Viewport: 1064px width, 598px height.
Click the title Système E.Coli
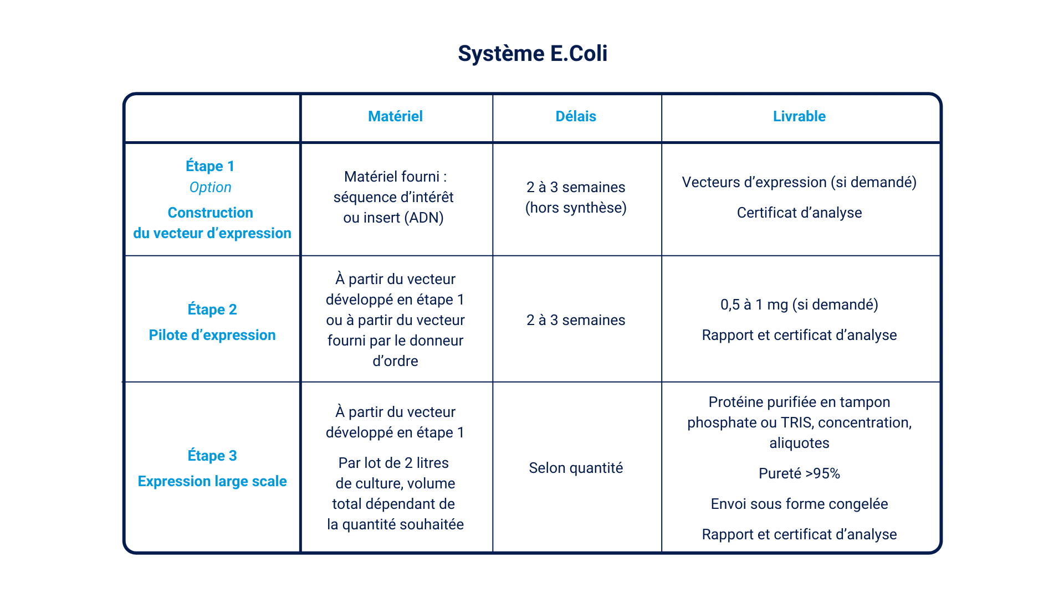click(x=533, y=54)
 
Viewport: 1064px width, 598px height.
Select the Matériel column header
click(x=395, y=116)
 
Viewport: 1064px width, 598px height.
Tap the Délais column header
click(x=576, y=116)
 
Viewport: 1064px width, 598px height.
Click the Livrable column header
click(x=799, y=116)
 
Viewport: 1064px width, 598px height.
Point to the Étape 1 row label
click(x=210, y=166)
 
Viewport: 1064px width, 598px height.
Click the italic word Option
click(x=210, y=188)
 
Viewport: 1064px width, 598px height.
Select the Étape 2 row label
click(x=212, y=309)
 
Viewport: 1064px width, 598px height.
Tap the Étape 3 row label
click(x=212, y=455)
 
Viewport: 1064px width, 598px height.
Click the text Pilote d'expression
click(x=212, y=335)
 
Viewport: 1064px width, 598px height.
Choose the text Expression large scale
click(x=212, y=481)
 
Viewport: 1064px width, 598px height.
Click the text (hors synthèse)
click(x=576, y=208)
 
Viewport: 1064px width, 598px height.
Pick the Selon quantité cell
click(x=576, y=468)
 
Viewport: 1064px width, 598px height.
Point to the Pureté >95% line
click(x=799, y=473)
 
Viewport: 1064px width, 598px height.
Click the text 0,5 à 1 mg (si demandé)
click(x=799, y=305)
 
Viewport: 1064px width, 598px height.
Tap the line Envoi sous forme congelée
click(x=799, y=504)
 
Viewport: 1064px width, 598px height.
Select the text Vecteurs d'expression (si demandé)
click(x=799, y=182)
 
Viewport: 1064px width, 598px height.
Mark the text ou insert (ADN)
click(x=393, y=218)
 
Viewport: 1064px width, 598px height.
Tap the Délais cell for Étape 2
click(x=576, y=320)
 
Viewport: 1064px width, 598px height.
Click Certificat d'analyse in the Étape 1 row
click(x=799, y=213)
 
